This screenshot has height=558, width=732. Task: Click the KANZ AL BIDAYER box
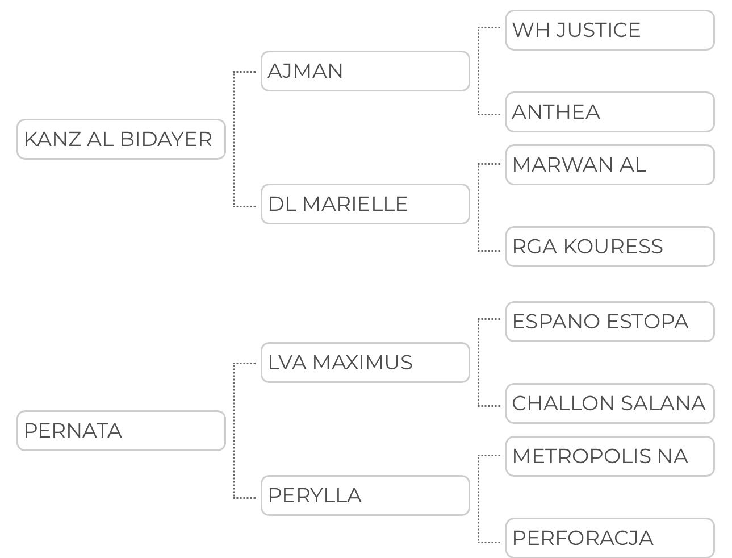pos(121,139)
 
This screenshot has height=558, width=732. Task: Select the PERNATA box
pos(121,431)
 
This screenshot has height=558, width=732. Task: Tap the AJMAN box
pos(365,71)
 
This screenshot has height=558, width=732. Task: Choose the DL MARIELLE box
pos(365,204)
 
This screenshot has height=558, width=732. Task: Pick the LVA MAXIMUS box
pos(365,363)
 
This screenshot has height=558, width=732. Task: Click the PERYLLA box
pos(365,495)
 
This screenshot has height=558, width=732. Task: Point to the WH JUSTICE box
pos(610,30)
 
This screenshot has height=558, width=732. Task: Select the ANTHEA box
pos(610,112)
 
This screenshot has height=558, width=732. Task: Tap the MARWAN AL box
pos(610,165)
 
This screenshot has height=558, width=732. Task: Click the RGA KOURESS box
pos(610,247)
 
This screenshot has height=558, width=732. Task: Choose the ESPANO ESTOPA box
pos(610,322)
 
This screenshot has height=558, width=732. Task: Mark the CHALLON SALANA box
pos(610,403)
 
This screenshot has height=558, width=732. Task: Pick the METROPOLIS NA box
pos(610,456)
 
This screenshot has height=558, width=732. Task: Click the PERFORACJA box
pos(610,538)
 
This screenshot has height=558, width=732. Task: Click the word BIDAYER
pos(166,139)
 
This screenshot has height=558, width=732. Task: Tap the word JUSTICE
pos(599,30)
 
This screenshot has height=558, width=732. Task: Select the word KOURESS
pos(613,247)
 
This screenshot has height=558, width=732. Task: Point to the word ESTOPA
pos(647,322)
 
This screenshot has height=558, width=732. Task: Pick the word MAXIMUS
pos(362,363)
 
